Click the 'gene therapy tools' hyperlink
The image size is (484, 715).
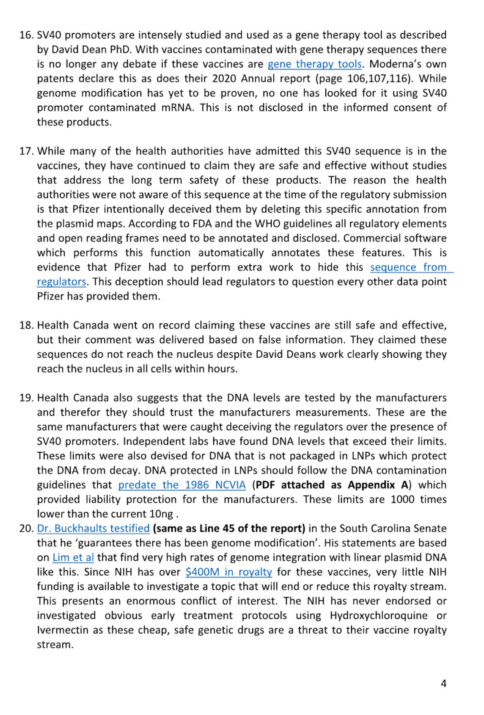[x=314, y=64]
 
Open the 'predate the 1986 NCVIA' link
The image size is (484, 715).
[x=181, y=485]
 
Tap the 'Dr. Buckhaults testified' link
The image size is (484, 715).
[x=93, y=528]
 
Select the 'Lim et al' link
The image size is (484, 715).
[x=73, y=558]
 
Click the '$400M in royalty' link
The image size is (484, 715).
[x=228, y=572]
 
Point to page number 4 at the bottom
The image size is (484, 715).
[x=443, y=683]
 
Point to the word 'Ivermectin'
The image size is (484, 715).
[x=63, y=630]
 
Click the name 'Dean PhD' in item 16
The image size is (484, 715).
[x=106, y=49]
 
